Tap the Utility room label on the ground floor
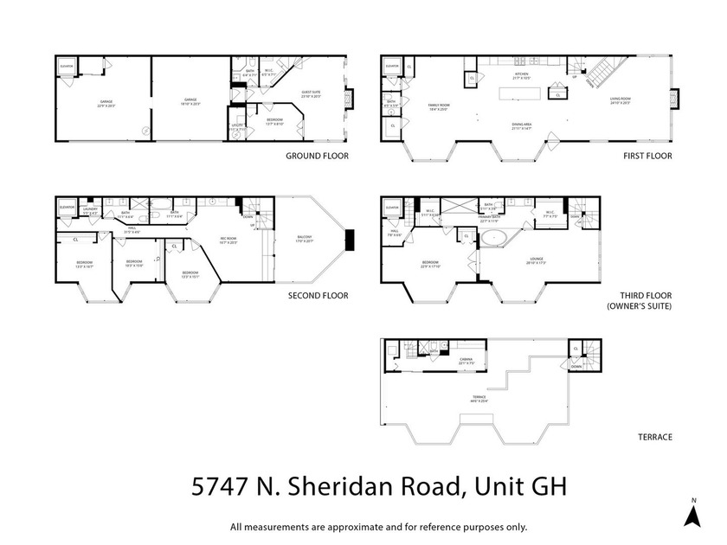(x=236, y=126)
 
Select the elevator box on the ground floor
(x=66, y=67)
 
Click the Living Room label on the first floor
(x=620, y=100)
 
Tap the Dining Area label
(x=521, y=125)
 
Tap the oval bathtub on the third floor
(x=494, y=237)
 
